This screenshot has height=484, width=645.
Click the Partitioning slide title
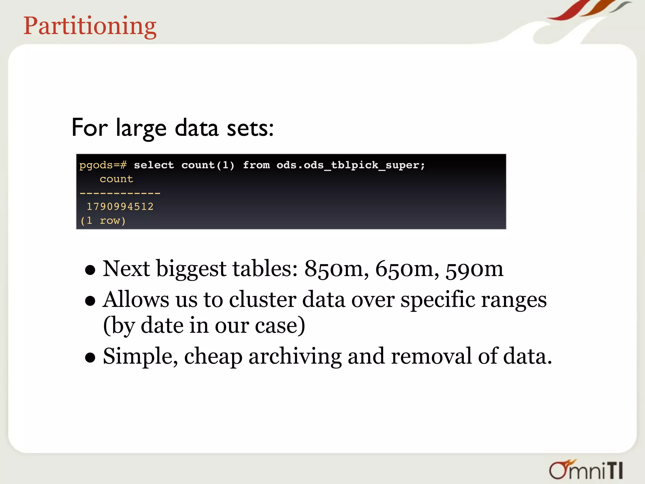click(90, 26)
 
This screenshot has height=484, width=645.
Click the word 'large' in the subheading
click(141, 129)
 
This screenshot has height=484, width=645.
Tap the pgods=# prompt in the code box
click(103, 165)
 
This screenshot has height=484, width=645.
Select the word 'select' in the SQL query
click(154, 165)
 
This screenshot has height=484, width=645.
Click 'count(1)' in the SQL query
click(208, 165)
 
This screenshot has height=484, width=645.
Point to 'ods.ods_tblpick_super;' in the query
click(351, 165)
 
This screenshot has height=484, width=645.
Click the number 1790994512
click(120, 207)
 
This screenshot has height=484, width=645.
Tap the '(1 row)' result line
click(103, 221)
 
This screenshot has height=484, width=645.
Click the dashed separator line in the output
click(120, 193)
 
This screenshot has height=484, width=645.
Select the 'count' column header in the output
click(117, 179)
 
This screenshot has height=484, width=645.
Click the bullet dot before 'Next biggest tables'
click(90, 270)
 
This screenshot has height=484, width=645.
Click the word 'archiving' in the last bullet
click(295, 357)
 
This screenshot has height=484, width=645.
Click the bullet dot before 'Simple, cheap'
click(90, 358)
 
